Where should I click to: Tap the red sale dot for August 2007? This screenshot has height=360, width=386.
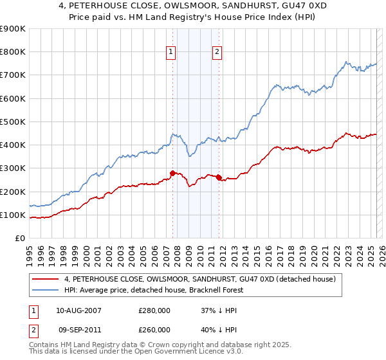pos(172,172)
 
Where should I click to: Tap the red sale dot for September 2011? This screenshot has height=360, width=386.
pos(219,177)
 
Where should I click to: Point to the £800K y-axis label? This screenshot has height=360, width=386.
pos(13,52)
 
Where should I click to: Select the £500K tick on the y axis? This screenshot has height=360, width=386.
pos(13,122)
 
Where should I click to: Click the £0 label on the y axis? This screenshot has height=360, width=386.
pos(19,239)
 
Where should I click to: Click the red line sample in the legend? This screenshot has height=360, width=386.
pos(46,279)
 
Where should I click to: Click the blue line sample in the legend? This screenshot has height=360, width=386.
pos(46,290)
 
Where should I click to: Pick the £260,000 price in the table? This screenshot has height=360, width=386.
pos(154,330)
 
